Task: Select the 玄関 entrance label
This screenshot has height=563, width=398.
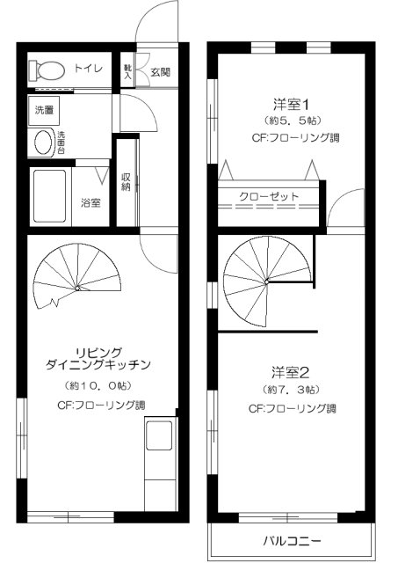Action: coord(159,72)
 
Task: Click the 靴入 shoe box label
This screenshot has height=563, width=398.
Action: coord(128,72)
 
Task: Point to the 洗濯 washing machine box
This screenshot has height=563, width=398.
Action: coord(43,110)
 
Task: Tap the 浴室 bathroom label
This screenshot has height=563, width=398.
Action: coord(90,202)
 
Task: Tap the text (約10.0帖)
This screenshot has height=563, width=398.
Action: coord(98,385)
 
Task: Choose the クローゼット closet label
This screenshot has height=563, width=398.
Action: coord(269,196)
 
